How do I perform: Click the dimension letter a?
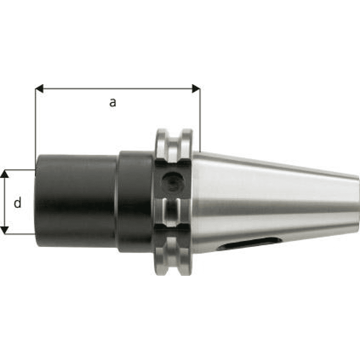112,103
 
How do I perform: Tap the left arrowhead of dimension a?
39,88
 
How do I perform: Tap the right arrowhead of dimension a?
196,88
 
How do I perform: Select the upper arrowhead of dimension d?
4,174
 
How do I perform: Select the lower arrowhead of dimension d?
4,230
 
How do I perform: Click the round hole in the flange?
173,182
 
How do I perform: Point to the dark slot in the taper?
250,243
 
